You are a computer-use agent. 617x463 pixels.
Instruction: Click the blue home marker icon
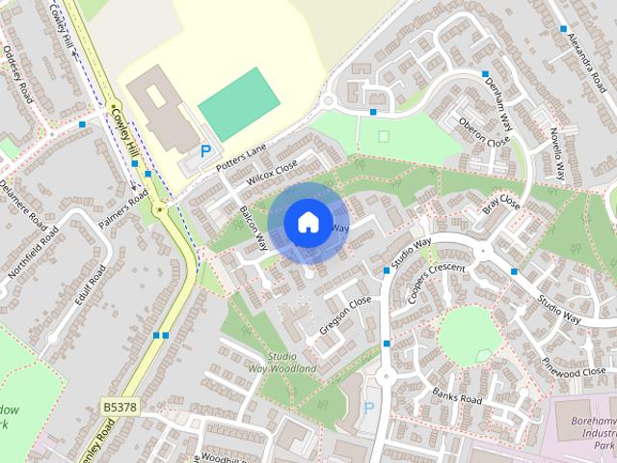coord(307,222)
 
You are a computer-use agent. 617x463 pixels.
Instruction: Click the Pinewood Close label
coord(573,370)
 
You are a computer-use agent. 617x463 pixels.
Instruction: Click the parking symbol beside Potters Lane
coord(205,150)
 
